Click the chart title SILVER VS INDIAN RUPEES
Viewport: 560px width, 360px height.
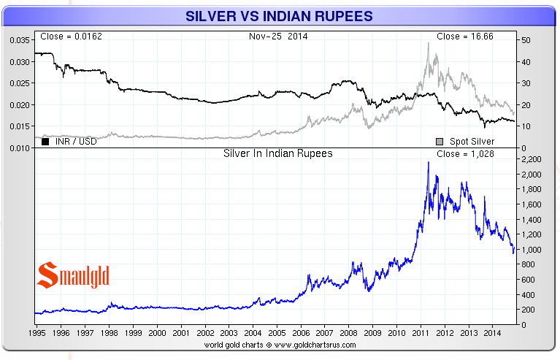coord(280,15)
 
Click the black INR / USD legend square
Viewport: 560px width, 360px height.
coord(45,141)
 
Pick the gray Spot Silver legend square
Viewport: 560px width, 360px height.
coord(440,141)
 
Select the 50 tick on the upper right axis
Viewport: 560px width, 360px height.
coord(524,40)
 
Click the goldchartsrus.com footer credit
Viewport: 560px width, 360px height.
coord(280,344)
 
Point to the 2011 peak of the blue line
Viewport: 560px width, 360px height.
coord(429,162)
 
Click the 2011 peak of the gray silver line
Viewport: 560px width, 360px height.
coord(429,43)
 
